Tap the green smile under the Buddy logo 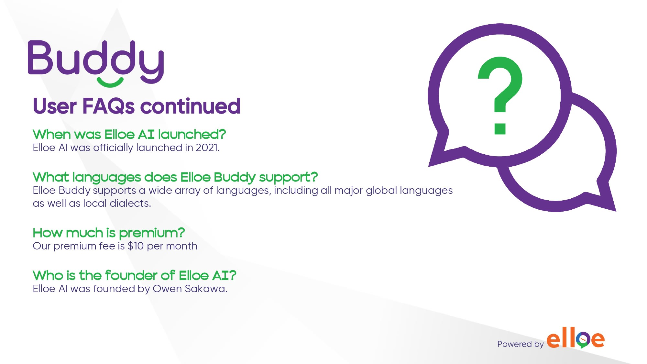(110, 83)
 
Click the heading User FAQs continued (137, 106)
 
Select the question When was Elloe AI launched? (129, 134)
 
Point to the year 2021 (207, 148)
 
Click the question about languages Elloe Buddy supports (175, 177)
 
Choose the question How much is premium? (109, 233)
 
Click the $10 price (136, 246)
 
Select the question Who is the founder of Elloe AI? (135, 275)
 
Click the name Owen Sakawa (190, 289)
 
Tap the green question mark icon (500, 95)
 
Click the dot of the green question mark (500, 128)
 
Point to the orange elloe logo (576, 338)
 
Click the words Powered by (520, 344)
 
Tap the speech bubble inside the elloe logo (583, 340)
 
